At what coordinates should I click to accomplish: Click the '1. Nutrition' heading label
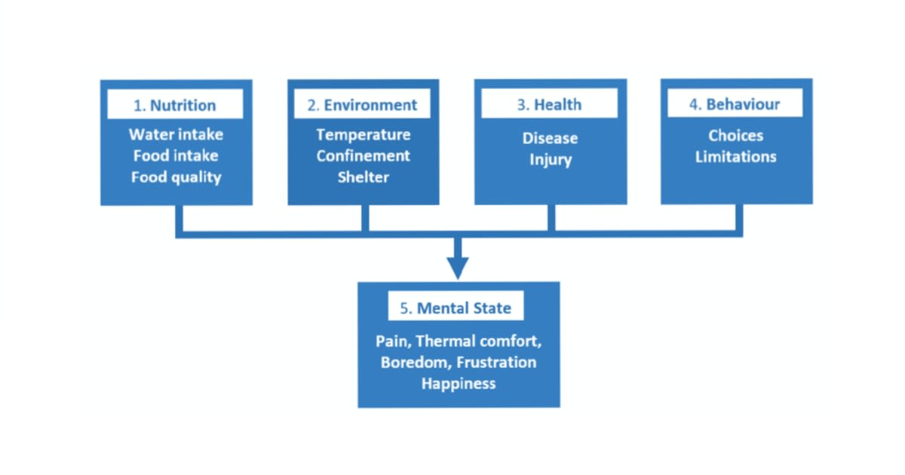tap(175, 106)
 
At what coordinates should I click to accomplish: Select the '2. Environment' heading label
tap(362, 106)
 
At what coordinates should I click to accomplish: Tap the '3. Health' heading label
tap(549, 106)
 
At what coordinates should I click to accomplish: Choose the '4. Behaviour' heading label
tap(735, 105)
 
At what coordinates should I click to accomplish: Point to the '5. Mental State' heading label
tap(456, 308)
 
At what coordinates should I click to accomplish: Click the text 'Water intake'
tap(176, 134)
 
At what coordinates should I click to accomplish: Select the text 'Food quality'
tap(176, 177)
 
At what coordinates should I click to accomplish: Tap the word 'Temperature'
tap(363, 134)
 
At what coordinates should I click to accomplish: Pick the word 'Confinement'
tap(363, 155)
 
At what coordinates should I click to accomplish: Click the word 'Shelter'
tap(363, 177)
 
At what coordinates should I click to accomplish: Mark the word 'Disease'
tap(550, 139)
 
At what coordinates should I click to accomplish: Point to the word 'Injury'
tap(550, 160)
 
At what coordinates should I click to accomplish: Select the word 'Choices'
tap(735, 136)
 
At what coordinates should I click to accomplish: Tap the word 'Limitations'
tap(735, 157)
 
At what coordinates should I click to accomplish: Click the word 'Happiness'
tap(459, 384)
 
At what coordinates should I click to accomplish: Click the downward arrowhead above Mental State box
tap(457, 268)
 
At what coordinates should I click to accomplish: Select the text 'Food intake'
tap(176, 155)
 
